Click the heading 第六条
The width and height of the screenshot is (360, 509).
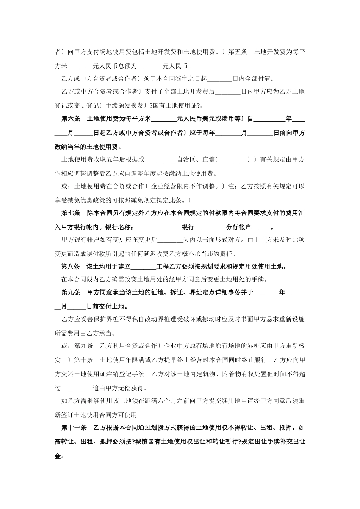[71, 119]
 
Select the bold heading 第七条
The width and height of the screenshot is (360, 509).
[71, 214]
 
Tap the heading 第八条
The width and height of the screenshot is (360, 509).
[71, 267]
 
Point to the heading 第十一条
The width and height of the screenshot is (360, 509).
[74, 428]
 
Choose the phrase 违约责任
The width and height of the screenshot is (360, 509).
[222, 254]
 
